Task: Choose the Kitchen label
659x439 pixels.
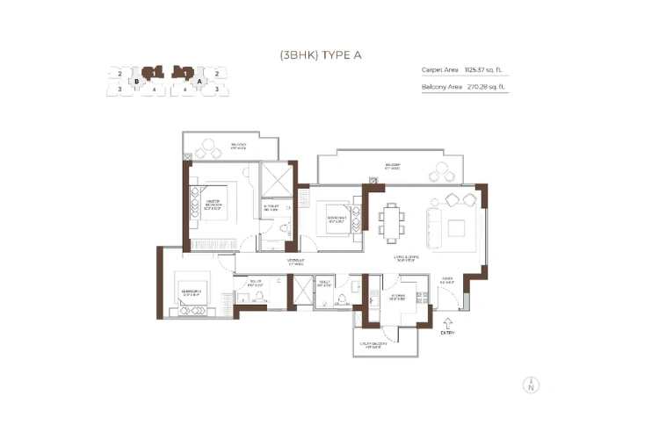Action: [x=399, y=298]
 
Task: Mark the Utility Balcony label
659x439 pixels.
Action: [x=370, y=344]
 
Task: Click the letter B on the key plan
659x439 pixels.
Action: [x=136, y=81]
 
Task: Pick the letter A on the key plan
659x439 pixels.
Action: [x=199, y=81]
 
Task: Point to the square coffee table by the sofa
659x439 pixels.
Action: [x=455, y=227]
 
